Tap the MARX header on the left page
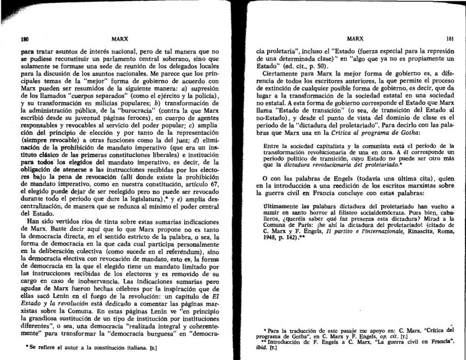(x=119, y=40)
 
